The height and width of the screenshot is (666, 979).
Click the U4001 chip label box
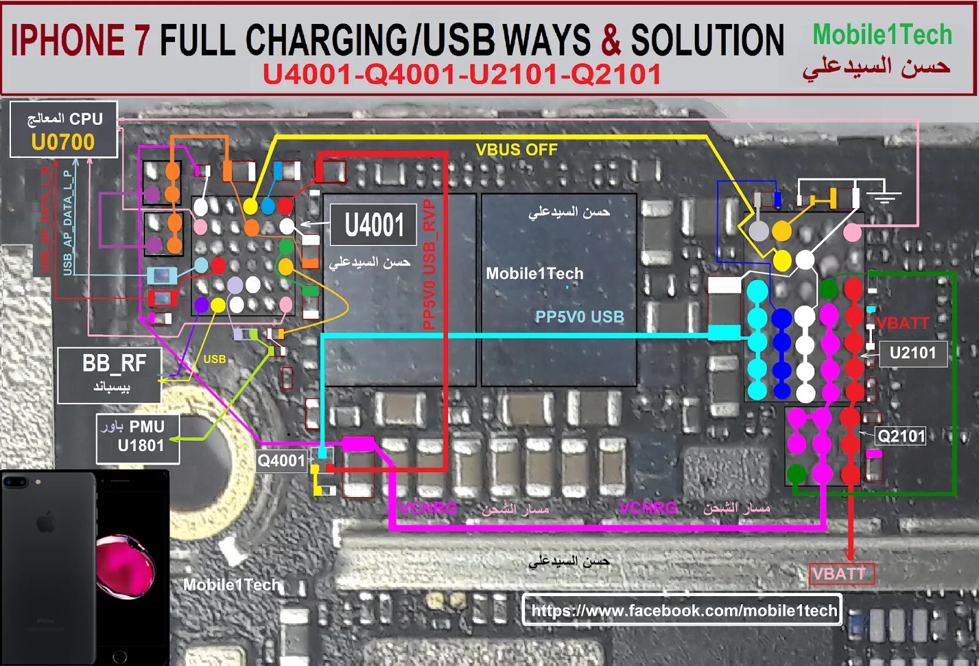pos(373,225)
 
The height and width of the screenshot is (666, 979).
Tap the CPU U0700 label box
pos(64,130)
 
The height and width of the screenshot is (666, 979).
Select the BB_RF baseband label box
pos(110,375)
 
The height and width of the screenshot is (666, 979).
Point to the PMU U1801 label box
pos(138,436)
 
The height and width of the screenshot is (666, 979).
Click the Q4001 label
pos(281,460)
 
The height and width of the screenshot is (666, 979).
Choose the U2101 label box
pos(912,353)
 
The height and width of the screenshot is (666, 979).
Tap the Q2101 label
pos(901,436)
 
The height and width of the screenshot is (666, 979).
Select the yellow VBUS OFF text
pos(516,149)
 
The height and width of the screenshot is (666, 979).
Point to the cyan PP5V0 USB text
pos(579,316)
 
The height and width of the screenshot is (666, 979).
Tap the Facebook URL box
pos(682,610)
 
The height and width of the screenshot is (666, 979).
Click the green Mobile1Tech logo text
pos(882,35)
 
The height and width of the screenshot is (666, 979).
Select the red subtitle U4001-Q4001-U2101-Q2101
pos(462,75)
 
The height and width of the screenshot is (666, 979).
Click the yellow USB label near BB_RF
pos(214,359)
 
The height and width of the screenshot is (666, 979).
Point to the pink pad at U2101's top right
pos(852,232)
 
